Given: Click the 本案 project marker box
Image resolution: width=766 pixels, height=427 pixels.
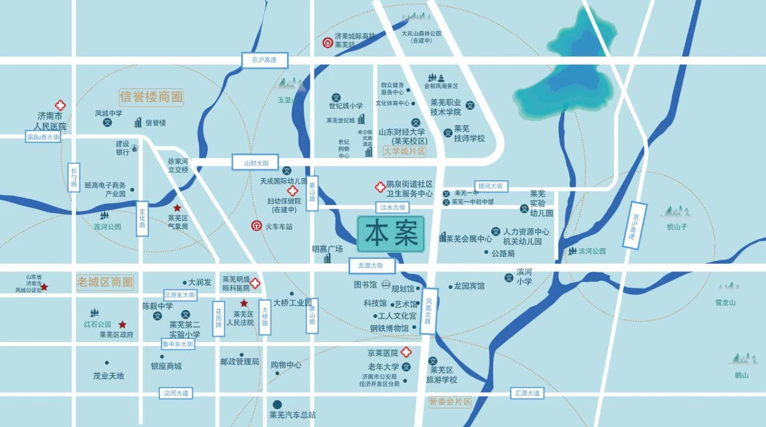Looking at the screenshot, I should pyautogui.click(x=391, y=234).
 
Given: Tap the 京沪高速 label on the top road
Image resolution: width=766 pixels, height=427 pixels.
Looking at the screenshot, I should pyautogui.click(x=265, y=60).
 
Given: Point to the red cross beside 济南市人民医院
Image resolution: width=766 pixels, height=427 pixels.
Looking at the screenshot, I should pyautogui.click(x=60, y=105).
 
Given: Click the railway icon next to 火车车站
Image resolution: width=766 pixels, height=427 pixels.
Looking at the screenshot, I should pyautogui.click(x=256, y=227).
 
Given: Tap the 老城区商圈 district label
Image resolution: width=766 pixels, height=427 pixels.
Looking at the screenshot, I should pyautogui.click(x=105, y=282).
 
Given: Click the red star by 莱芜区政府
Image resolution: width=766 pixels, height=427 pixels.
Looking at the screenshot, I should pyautogui.click(x=123, y=324).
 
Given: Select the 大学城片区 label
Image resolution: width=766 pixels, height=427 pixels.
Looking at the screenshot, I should pyautogui.click(x=404, y=152).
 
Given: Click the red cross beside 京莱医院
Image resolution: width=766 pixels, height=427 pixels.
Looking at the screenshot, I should pyautogui.click(x=406, y=353).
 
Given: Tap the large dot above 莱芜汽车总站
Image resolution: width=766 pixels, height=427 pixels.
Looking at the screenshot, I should pyautogui.click(x=277, y=405).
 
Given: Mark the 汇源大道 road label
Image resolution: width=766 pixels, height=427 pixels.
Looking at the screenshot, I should pyautogui.click(x=527, y=393).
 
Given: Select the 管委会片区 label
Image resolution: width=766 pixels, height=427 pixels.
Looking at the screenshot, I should pyautogui.click(x=450, y=402).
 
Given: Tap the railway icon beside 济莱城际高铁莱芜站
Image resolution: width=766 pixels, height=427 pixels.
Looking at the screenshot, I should pyautogui.click(x=328, y=42).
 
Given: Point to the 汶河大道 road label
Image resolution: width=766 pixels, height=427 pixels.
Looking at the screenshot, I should pyautogui.click(x=176, y=393).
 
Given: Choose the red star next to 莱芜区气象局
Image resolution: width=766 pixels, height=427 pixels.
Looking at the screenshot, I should pyautogui.click(x=177, y=208).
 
